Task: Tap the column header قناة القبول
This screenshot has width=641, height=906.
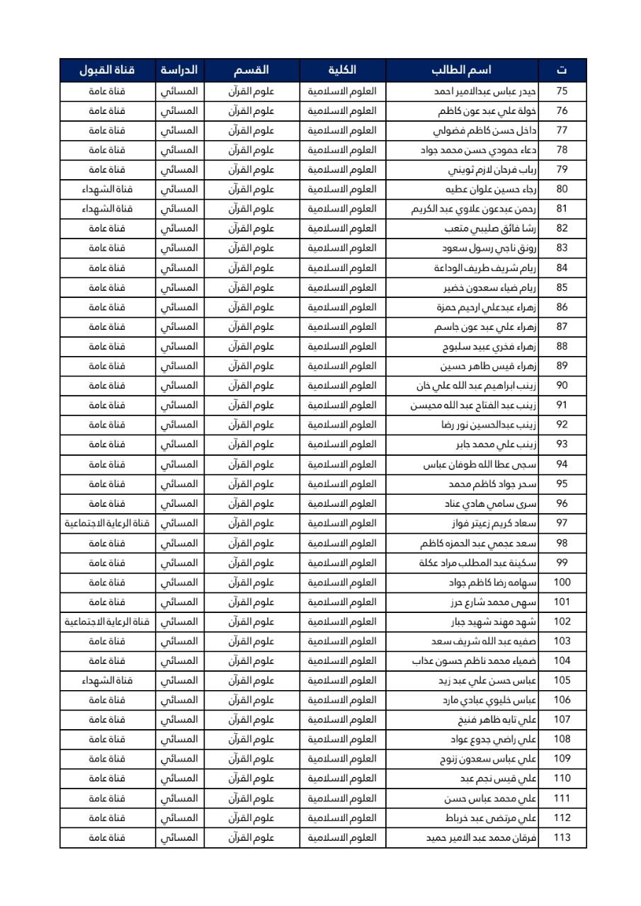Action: click(x=107, y=70)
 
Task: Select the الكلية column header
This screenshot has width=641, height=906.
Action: click(x=343, y=70)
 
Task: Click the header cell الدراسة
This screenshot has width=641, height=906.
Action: click(x=179, y=70)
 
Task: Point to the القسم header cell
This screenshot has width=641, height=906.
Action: click(x=251, y=70)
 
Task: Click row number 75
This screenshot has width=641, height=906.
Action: click(x=562, y=91)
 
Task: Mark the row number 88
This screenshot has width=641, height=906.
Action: click(x=562, y=347)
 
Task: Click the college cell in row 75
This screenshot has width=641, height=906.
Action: click(x=343, y=91)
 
